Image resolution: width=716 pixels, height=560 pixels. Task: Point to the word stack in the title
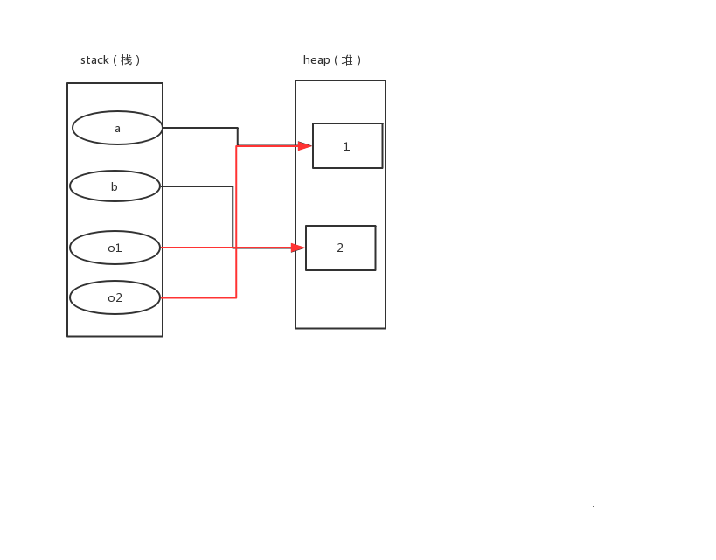pos(94,60)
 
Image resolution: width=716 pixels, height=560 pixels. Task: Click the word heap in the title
pos(316,60)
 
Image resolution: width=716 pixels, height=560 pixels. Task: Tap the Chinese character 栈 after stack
pos(127,60)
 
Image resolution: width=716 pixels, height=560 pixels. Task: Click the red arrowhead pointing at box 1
pos(305,146)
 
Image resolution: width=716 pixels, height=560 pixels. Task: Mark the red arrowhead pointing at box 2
pos(298,248)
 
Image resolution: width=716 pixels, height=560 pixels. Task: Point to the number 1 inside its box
pos(346,146)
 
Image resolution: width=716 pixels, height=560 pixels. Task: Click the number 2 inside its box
pos(340,248)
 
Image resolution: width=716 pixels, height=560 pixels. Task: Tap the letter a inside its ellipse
pos(117,129)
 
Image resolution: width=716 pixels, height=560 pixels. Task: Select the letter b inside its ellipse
pos(115,186)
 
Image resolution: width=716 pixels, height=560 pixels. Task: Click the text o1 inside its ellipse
pos(115,248)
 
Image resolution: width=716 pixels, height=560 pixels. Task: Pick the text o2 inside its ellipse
pos(115,298)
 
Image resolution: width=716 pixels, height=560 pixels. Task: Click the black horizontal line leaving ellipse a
pos(199,128)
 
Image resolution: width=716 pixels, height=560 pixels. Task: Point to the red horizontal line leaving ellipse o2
pos(198,297)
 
